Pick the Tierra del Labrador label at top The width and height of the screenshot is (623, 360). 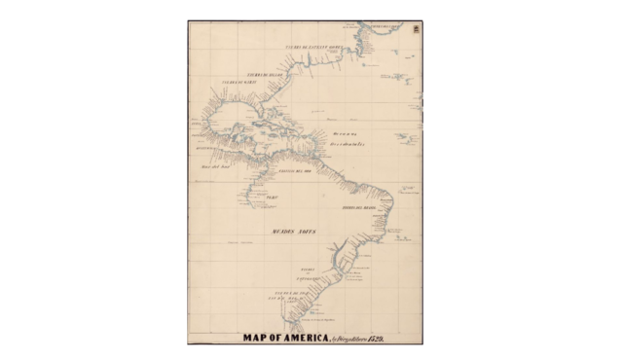[x=385, y=24]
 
